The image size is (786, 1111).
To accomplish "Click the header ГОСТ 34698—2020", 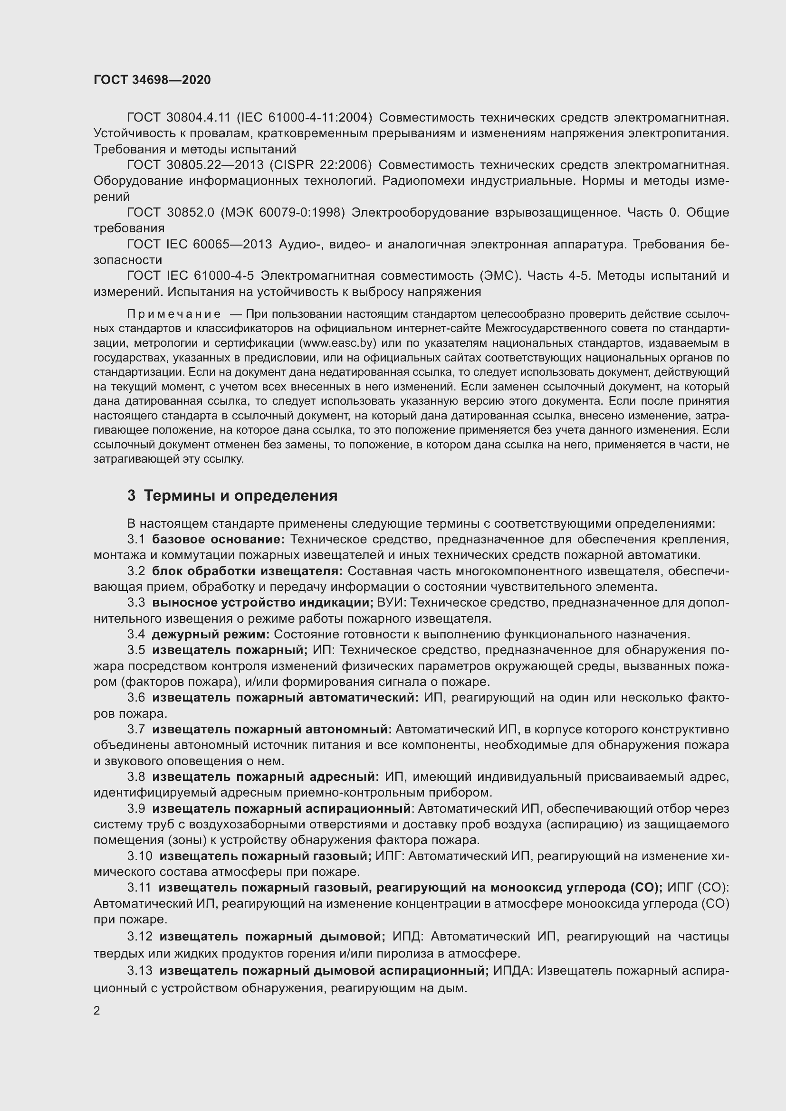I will pyautogui.click(x=152, y=80).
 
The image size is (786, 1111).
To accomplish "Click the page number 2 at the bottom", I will pyautogui.click(x=97, y=1011).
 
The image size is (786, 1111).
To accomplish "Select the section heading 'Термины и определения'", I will pyautogui.click(x=240, y=496).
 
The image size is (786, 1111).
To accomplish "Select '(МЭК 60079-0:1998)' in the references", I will pyautogui.click(x=283, y=212).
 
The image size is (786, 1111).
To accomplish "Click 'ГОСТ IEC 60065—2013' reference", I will pyautogui.click(x=200, y=244).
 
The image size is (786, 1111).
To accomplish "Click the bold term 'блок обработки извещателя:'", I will pyautogui.click(x=247, y=571).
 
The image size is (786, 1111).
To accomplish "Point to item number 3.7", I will pyautogui.click(x=136, y=729).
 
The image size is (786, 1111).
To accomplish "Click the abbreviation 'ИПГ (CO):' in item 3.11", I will pyautogui.click(x=698, y=888).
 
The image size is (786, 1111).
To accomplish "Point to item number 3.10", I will pyautogui.click(x=140, y=856).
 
